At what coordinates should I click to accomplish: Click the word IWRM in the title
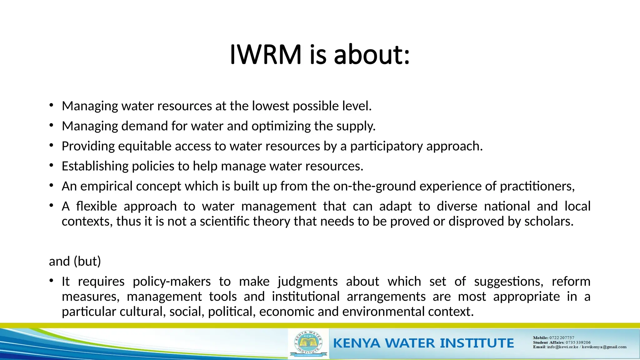pos(266,55)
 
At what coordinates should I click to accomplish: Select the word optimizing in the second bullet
pos(281,126)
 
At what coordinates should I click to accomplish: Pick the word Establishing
pos(95,166)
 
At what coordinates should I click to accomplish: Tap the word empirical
pos(107,186)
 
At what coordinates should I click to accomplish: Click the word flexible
pos(97,206)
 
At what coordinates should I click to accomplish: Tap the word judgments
pos(307,281)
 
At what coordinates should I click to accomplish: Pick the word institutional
pos(305,296)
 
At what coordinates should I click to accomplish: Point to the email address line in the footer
pos(579,347)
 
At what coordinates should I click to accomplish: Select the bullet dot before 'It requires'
pos(51,281)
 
